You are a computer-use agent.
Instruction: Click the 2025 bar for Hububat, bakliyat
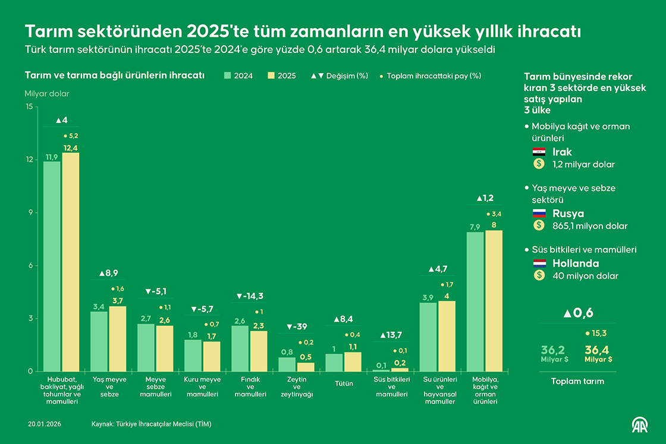pos(71,262)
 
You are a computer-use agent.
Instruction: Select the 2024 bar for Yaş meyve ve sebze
pos(99,341)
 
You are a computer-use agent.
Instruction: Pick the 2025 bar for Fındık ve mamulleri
pos(259,351)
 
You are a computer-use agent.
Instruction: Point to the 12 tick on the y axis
pos(29,159)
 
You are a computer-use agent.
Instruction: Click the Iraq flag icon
pos(539,152)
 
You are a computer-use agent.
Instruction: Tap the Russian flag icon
pos(539,213)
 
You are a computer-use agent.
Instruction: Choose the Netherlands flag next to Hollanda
pos(539,263)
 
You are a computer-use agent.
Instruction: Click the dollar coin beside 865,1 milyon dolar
pos(539,226)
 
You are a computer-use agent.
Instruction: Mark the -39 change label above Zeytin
pos(297,327)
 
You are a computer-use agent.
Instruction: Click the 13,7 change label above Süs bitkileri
pos(391,335)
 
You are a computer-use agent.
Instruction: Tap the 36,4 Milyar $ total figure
pos(598,353)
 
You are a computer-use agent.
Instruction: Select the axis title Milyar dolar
pos(47,94)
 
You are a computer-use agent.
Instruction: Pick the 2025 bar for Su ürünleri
pos(447,336)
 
